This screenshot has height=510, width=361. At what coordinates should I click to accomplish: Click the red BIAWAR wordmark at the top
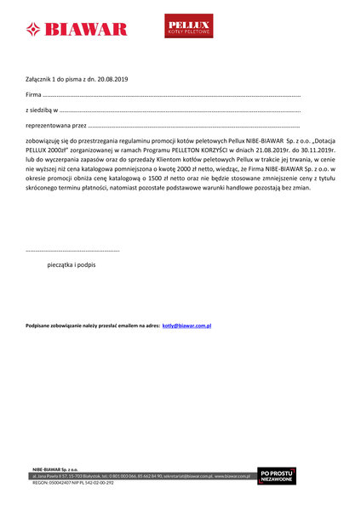pyautogui.click(x=87, y=30)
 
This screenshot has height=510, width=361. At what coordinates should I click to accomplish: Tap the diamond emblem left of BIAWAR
pyautogui.click(x=34, y=30)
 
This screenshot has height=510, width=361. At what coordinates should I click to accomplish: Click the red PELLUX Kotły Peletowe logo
pyautogui.click(x=188, y=26)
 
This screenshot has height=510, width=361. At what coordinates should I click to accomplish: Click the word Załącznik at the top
pyautogui.click(x=39, y=79)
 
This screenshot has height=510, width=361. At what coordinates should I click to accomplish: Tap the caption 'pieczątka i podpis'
pyautogui.click(x=72, y=266)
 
